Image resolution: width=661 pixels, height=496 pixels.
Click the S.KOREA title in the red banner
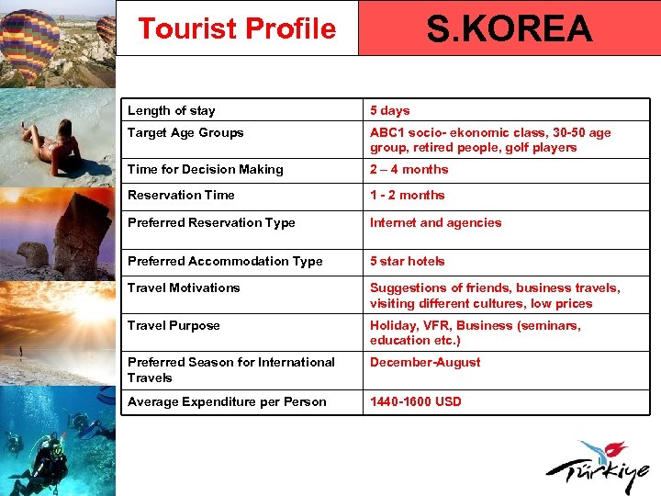[x=510, y=29]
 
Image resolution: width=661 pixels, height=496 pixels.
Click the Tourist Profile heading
[x=237, y=28]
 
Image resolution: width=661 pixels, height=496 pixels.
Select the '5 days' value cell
[x=390, y=110]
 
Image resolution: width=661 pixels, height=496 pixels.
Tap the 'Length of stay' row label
[x=172, y=110]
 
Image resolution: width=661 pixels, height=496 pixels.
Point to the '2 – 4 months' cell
[x=409, y=169]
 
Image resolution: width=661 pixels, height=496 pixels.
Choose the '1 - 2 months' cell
[x=407, y=195]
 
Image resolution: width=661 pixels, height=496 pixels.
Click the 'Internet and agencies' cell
[x=435, y=222]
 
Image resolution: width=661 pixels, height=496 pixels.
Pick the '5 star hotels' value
[x=407, y=261]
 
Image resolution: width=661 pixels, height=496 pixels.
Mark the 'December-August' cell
[x=425, y=362]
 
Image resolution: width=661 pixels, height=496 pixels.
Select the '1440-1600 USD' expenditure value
[x=416, y=401]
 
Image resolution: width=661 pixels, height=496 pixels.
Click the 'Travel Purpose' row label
[x=174, y=325]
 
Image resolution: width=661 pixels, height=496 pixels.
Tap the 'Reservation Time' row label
[x=181, y=195]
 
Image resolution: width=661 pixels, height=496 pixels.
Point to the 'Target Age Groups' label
[x=185, y=132]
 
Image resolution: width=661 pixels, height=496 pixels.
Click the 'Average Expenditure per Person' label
[x=227, y=401]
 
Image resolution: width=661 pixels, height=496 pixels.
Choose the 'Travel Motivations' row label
[x=184, y=287]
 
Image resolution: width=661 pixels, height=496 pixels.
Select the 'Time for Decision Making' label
[x=205, y=169]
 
